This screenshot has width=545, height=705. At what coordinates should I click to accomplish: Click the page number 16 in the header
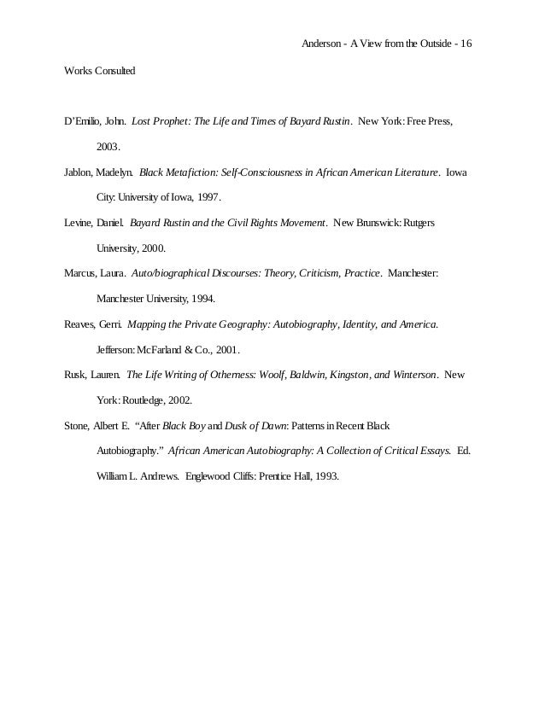pyautogui.click(x=466, y=44)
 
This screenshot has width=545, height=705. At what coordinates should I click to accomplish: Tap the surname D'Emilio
pyautogui.click(x=83, y=122)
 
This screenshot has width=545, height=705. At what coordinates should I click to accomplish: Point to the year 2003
pyautogui.click(x=108, y=148)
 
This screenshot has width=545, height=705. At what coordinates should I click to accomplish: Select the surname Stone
pyautogui.click(x=78, y=426)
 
